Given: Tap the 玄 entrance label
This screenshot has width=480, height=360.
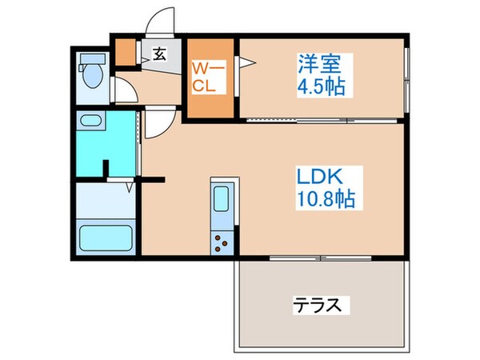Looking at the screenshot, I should (158, 54).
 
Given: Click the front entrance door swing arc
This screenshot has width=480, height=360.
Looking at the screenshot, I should (159, 22).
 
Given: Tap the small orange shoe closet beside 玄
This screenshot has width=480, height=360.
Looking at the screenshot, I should (126, 52).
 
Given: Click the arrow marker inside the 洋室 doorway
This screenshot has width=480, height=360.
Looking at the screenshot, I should (249, 61).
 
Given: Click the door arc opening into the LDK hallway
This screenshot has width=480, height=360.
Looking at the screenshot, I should (157, 124).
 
